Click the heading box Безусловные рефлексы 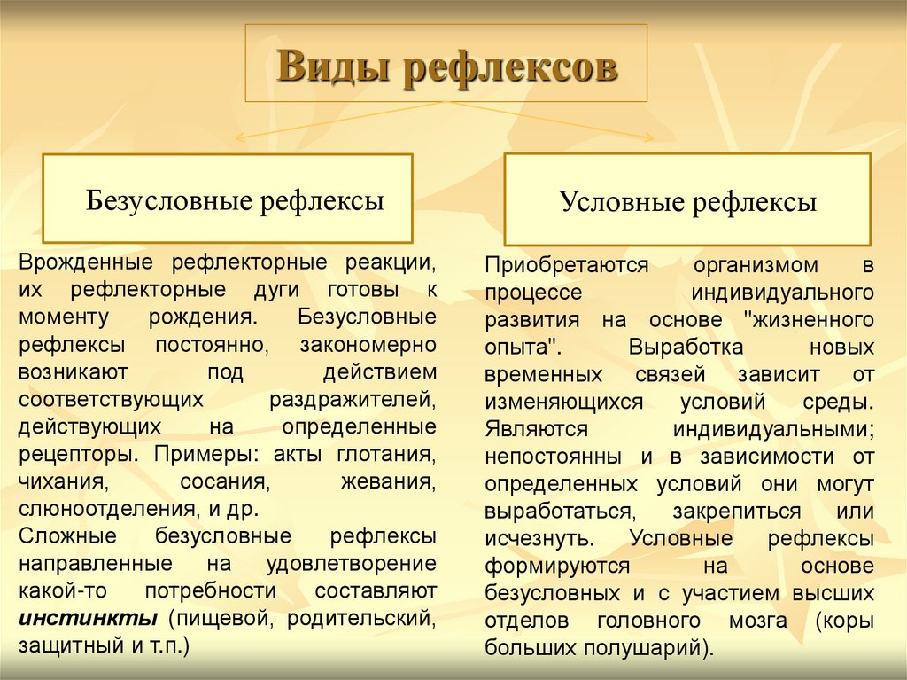[228, 199]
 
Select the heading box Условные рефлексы [687, 201]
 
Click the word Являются [537, 428]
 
